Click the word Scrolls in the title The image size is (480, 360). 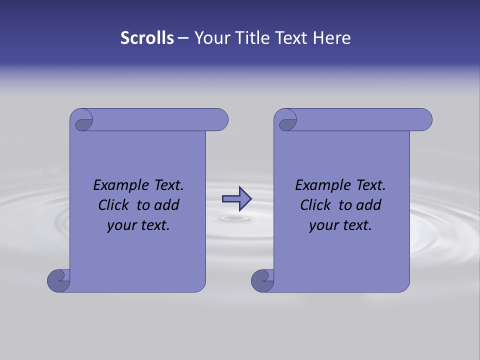[x=147, y=38]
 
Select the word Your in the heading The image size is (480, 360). [x=211, y=38]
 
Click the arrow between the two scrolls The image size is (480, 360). [x=236, y=199]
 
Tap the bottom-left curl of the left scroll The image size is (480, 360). [x=58, y=280]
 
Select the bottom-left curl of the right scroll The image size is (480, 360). [x=262, y=280]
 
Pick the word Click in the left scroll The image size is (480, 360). [x=114, y=205]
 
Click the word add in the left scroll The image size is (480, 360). [x=167, y=205]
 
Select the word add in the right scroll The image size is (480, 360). [x=369, y=205]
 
